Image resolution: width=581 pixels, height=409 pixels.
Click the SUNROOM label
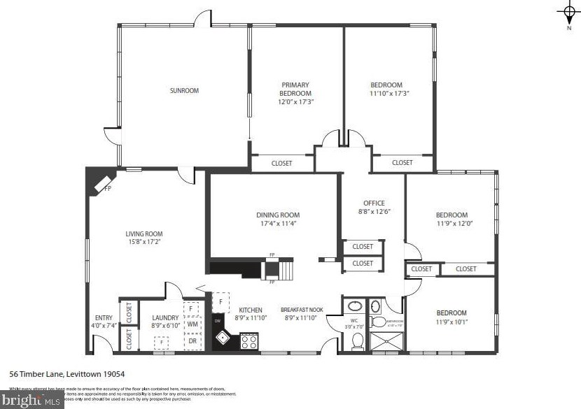click(184, 90)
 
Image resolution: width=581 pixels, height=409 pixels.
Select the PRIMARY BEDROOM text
click(295, 89)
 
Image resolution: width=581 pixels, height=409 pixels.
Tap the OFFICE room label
click(374, 203)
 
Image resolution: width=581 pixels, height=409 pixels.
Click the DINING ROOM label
click(278, 215)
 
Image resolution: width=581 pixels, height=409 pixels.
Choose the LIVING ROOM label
click(144, 234)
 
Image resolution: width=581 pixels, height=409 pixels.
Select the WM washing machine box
click(192, 324)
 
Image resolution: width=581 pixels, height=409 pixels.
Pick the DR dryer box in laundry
click(192, 341)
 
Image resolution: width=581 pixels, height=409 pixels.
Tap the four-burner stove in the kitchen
click(248, 341)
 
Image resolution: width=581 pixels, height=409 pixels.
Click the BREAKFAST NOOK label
click(302, 310)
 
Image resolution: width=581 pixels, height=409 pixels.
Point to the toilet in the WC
click(357, 340)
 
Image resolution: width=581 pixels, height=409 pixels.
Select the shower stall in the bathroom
click(386, 341)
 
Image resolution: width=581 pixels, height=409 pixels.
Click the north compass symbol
click(568, 12)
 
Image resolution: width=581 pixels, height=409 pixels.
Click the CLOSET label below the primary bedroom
click(282, 164)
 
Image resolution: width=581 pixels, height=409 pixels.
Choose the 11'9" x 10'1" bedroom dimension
click(451, 322)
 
